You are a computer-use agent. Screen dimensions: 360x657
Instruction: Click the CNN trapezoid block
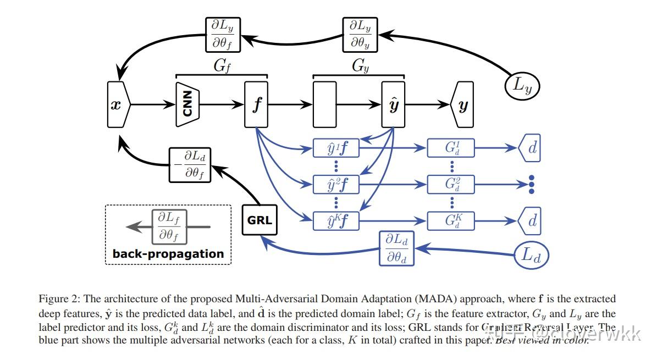(x=187, y=104)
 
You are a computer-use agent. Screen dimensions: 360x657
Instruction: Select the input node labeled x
(x=117, y=104)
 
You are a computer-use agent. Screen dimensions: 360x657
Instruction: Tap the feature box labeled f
(x=256, y=104)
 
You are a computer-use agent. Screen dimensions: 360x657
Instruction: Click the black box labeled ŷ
(x=393, y=104)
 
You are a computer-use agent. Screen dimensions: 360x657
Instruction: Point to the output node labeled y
(x=462, y=104)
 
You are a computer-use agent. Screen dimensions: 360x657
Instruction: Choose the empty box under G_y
(x=324, y=104)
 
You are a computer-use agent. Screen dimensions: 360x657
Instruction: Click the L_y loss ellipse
(x=522, y=85)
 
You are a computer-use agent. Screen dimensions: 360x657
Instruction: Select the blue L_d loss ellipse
(x=532, y=255)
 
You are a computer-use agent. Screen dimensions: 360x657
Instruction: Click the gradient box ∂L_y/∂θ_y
(x=361, y=35)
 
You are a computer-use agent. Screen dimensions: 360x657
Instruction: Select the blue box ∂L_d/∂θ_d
(x=396, y=248)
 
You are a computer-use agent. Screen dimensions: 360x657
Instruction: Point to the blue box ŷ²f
(x=336, y=184)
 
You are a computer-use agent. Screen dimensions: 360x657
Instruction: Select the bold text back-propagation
(x=168, y=254)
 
